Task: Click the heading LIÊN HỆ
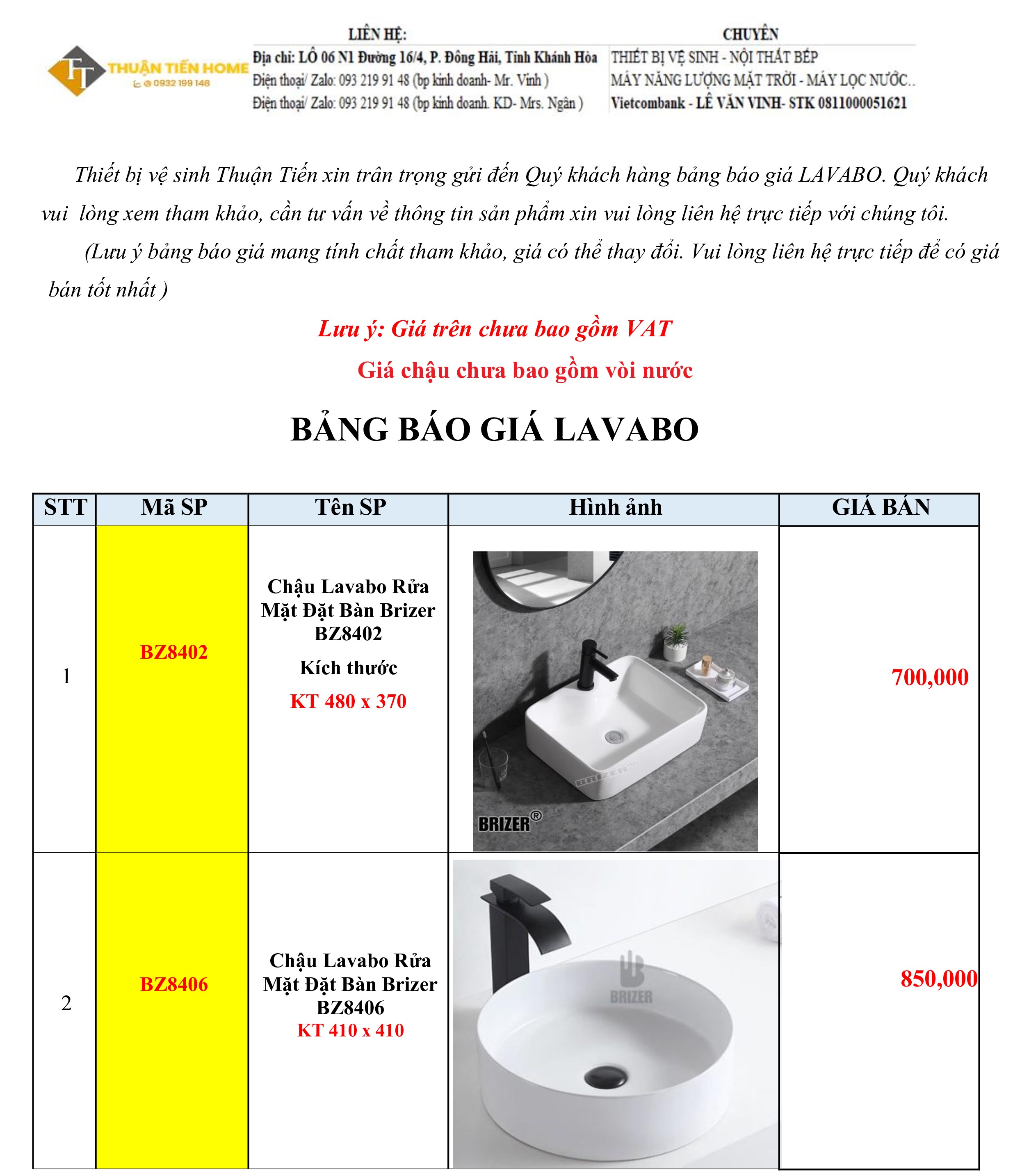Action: pyautogui.click(x=377, y=34)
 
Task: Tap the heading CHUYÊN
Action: pyautogui.click(x=750, y=34)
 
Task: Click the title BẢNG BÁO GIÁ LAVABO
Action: pyautogui.click(x=494, y=429)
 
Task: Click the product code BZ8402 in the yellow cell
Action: pyautogui.click(x=174, y=652)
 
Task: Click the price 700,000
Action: pyautogui.click(x=929, y=678)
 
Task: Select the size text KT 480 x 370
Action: pyautogui.click(x=348, y=701)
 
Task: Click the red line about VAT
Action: pyautogui.click(x=494, y=329)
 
